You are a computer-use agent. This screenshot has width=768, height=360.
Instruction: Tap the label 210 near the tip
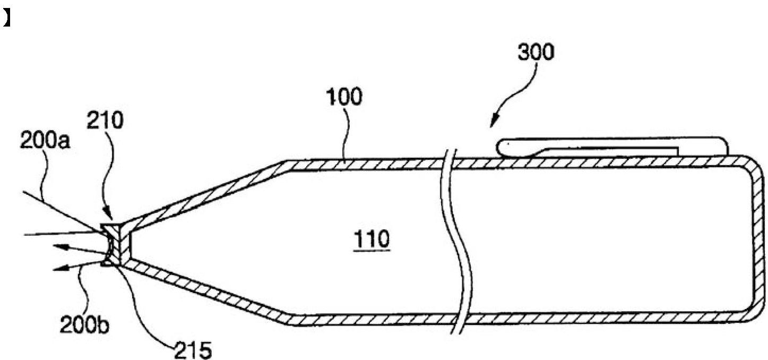[106, 122]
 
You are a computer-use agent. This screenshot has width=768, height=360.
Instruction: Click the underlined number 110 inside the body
[373, 241]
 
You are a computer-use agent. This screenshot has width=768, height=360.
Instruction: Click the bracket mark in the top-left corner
[7, 20]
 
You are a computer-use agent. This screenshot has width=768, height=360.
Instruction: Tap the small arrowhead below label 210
[110, 216]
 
